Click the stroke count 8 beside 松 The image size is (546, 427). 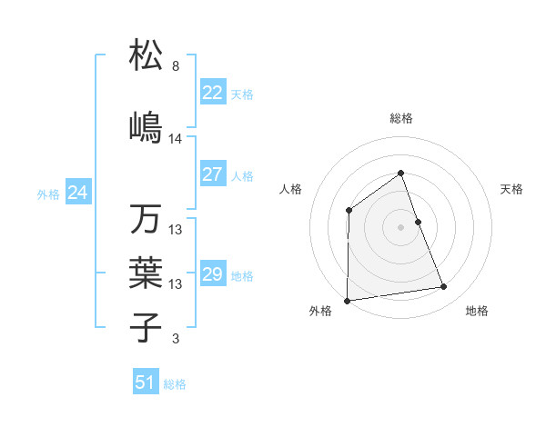pos(175,66)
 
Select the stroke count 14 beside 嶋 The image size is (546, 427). pos(176,139)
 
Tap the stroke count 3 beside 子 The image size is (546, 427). pos(175,339)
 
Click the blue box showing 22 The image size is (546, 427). pos(212,93)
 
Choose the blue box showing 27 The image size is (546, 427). pos(212,174)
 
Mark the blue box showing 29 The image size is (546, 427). pos(212,274)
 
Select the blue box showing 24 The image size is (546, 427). pos(77,193)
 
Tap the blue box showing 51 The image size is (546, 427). pos(145,382)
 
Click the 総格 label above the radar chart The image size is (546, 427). pos(400,118)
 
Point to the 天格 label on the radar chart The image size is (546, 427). pos(512,189)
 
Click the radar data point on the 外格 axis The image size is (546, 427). pos(347,300)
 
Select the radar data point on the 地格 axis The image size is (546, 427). pos(444,287)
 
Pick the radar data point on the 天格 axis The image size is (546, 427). pos(418,222)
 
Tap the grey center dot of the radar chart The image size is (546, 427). pos(400,227)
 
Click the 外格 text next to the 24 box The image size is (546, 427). pos(47,194)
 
